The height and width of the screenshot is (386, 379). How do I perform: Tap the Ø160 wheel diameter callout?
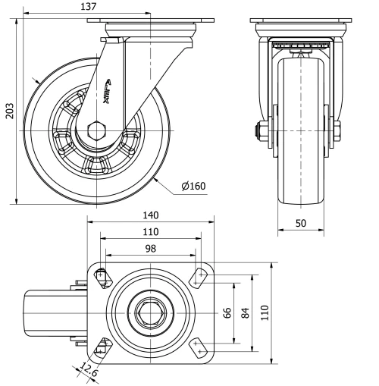point(193,185)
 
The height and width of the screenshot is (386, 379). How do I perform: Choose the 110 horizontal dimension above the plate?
point(151,231)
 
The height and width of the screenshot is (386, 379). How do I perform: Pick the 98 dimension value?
point(151,248)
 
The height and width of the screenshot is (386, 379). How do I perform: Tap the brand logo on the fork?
point(105,96)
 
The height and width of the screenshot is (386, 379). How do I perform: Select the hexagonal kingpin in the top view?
point(150,312)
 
